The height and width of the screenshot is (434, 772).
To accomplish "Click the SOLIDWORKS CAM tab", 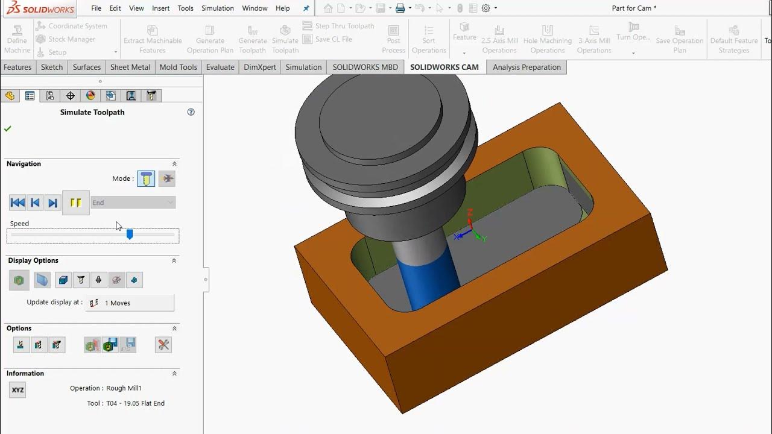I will pyautogui.click(x=444, y=67).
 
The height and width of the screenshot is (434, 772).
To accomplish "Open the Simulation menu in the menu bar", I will pyautogui.click(x=217, y=8).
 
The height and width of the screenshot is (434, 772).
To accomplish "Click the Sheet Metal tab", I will pyautogui.click(x=130, y=67).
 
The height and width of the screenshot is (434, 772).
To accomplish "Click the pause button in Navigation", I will pyautogui.click(x=76, y=203).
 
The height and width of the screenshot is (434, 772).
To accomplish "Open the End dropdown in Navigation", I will pyautogui.click(x=133, y=203).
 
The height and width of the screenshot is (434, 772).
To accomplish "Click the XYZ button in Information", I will pyautogui.click(x=17, y=390).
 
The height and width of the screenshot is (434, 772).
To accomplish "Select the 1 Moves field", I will pyautogui.click(x=130, y=303).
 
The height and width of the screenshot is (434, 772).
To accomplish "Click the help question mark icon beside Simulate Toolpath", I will pyautogui.click(x=191, y=112).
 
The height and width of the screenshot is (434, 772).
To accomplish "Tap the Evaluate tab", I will pyautogui.click(x=220, y=67).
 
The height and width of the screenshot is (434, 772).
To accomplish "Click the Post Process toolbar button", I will pyautogui.click(x=393, y=39).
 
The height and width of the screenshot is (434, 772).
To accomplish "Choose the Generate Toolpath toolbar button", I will pyautogui.click(x=253, y=39).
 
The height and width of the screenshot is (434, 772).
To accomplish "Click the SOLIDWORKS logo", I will pyautogui.click(x=41, y=8).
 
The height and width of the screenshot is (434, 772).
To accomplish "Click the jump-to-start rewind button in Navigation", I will pyautogui.click(x=17, y=203).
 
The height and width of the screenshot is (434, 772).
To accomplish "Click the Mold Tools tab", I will pyautogui.click(x=178, y=67).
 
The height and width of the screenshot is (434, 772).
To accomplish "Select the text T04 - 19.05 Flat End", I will pyautogui.click(x=134, y=403).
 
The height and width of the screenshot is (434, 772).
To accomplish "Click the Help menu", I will pyautogui.click(x=282, y=8).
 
